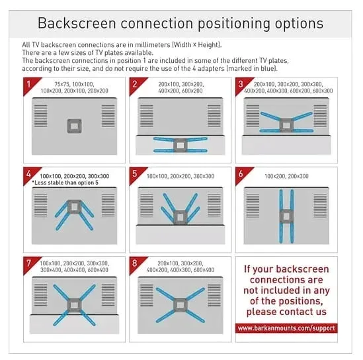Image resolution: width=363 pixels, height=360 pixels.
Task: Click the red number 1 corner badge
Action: pos(30,84)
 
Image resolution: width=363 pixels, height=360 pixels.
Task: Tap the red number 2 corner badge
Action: pos(136,84)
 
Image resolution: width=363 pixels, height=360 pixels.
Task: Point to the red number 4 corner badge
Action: pos(30,174)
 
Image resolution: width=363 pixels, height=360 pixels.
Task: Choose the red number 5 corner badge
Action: pos(136,174)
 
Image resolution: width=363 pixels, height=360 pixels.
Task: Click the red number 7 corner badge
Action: pos(30,263)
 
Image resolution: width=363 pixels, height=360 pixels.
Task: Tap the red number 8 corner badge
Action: pos(136,263)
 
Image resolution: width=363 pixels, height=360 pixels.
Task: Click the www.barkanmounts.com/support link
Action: pos(286,328)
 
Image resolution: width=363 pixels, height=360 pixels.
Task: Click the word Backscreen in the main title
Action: pos(77,23)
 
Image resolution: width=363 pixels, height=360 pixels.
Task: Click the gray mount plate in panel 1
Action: pos(74,126)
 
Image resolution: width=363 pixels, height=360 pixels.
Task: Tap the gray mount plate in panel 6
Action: pos(286,216)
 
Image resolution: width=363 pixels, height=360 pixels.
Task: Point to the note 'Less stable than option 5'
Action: pos(65,183)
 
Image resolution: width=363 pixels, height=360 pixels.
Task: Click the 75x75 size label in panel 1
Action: pos(61,84)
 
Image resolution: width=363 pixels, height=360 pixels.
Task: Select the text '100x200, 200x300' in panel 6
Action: pos(286,176)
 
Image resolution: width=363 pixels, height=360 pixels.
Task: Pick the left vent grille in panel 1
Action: pos(41,116)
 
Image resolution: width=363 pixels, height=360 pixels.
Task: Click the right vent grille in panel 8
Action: pos(214,295)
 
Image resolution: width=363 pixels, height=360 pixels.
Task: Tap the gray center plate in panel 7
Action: pos(74,305)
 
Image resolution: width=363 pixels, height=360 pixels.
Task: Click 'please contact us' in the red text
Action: pos(286,312)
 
